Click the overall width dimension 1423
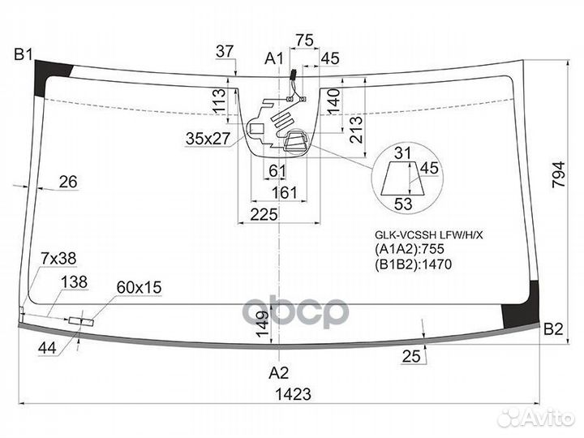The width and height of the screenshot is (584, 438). click(x=293, y=394)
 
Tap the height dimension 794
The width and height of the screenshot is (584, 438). click(x=559, y=174)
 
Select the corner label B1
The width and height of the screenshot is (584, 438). click(x=24, y=55)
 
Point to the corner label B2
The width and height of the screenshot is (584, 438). click(x=553, y=329)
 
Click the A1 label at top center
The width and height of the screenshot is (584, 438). click(x=274, y=58)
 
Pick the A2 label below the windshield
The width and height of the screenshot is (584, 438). click(x=279, y=372)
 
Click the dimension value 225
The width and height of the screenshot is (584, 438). click(x=264, y=215)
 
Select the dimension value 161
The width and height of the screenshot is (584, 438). click(x=285, y=193)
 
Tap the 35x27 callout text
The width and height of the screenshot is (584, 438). click(x=208, y=139)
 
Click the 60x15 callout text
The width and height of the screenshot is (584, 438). click(x=139, y=287)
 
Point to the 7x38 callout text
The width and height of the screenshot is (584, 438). click(x=58, y=258)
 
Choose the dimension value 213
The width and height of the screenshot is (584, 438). click(x=356, y=130)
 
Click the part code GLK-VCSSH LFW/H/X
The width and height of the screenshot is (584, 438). click(x=428, y=235)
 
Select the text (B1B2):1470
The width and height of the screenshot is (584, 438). click(x=413, y=264)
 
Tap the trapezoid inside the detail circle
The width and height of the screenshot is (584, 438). click(x=402, y=178)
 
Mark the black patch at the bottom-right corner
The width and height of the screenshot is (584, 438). click(x=522, y=306)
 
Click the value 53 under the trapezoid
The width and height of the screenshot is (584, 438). click(x=403, y=204)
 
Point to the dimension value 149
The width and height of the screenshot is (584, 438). click(x=263, y=324)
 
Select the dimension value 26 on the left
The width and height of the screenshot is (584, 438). click(x=68, y=182)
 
